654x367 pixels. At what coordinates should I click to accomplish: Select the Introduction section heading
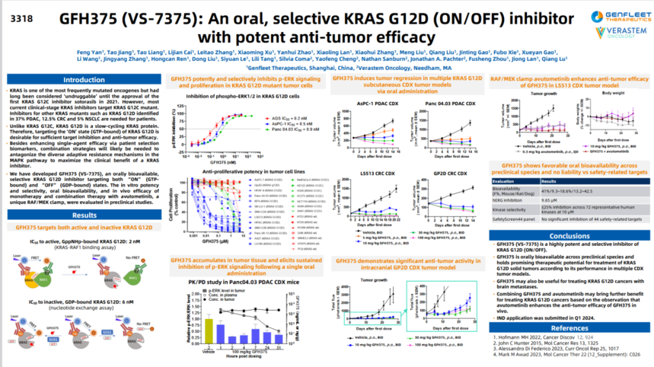[x=84, y=79]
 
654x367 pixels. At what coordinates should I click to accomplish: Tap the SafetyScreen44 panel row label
[x=521, y=219]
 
